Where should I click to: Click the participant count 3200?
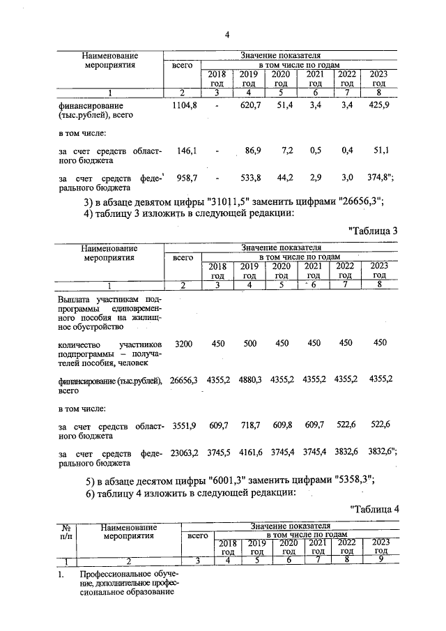click(183, 343)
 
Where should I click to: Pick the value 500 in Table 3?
click(249, 343)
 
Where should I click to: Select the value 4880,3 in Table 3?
click(249, 379)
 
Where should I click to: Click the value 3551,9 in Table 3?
click(183, 425)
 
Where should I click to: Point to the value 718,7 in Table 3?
click(249, 425)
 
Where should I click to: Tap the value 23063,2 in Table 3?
click(184, 453)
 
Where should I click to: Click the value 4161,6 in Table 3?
click(249, 453)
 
